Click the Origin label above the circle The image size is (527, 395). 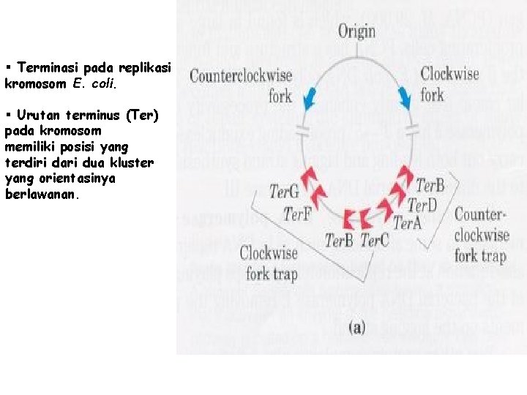(x=356, y=31)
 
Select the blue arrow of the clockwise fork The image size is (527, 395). (x=403, y=96)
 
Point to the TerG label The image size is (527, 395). (x=284, y=192)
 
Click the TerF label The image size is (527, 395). (x=298, y=214)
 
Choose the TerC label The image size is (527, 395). (x=375, y=240)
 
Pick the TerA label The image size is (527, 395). (x=408, y=223)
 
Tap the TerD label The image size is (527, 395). (x=422, y=204)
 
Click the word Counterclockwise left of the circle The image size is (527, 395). (x=241, y=75)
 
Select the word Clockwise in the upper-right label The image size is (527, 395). (x=449, y=74)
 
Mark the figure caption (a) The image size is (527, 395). (x=356, y=327)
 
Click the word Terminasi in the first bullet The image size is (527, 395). (x=48, y=68)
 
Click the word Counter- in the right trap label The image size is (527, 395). (x=480, y=215)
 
